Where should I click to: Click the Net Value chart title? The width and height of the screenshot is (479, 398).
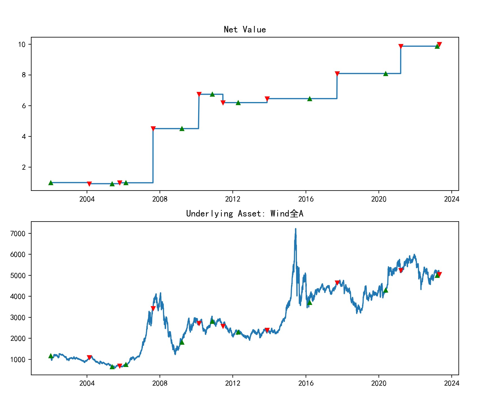click(245, 30)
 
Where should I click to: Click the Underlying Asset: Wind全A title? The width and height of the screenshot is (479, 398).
click(245, 214)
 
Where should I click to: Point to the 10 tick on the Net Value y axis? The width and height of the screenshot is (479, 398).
click(22, 45)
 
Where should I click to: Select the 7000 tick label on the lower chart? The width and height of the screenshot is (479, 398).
click(18, 234)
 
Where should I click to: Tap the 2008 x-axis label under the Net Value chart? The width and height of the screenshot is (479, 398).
click(160, 199)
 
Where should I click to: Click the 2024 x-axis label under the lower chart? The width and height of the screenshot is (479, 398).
click(451, 383)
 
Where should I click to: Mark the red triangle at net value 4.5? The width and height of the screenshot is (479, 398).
click(153, 129)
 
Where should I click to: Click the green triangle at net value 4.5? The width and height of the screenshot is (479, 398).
click(182, 129)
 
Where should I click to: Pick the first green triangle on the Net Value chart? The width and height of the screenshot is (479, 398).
click(51, 183)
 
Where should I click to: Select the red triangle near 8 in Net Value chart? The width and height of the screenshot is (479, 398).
click(337, 74)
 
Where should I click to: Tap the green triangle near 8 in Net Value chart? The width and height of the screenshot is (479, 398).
click(386, 74)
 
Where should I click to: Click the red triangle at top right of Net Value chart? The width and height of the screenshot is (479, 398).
click(439, 45)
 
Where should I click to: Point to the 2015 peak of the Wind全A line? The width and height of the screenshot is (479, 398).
click(296, 229)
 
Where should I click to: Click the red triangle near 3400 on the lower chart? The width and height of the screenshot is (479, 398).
click(153, 308)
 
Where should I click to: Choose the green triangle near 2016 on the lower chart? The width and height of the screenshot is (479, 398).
click(310, 302)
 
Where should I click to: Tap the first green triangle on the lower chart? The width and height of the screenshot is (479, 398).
click(51, 356)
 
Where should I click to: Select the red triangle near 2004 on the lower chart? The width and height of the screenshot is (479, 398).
click(89, 357)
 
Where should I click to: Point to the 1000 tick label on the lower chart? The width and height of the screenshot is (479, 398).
click(18, 360)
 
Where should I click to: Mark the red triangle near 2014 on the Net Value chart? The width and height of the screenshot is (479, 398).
click(267, 99)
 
